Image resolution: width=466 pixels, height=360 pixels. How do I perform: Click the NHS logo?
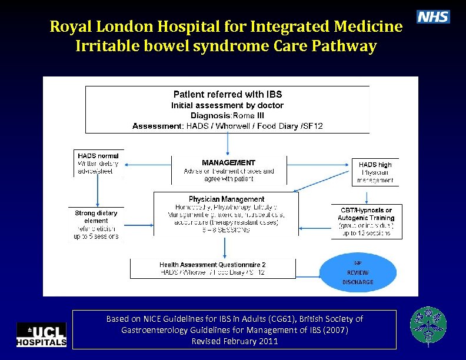[x=433, y=17]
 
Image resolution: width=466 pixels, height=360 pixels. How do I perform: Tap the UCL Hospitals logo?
[x=41, y=334]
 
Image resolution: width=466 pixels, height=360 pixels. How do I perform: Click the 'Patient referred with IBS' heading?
[x=228, y=94]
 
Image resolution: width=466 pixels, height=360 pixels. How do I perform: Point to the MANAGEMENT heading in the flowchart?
[x=228, y=162]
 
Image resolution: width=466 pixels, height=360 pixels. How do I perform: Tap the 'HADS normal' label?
[x=98, y=156]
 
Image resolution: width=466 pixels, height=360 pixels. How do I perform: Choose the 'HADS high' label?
[x=375, y=165]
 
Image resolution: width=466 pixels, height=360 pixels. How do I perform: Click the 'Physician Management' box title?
[x=227, y=199]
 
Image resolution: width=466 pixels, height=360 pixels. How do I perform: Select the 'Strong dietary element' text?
[x=96, y=216]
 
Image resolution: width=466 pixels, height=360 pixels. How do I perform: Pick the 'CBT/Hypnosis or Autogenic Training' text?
[x=366, y=214]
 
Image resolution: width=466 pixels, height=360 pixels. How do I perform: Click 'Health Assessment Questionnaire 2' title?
[x=212, y=265]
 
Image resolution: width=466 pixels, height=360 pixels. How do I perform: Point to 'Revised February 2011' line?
[x=234, y=341]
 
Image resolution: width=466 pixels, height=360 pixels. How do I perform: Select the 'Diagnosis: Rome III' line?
[x=227, y=115]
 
